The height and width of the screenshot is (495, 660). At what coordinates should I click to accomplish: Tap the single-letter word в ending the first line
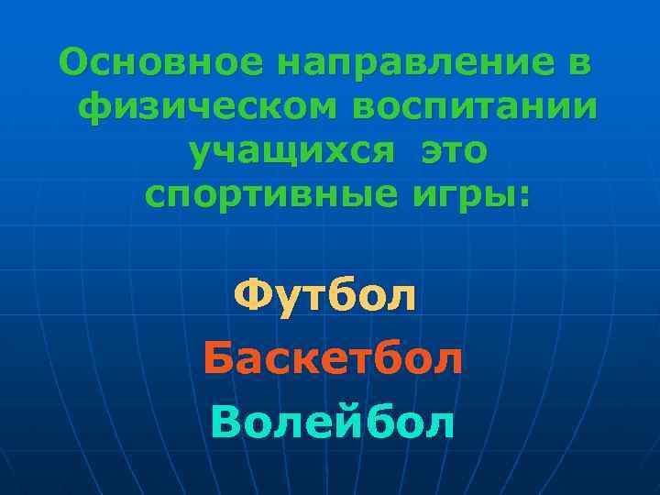coord(579,64)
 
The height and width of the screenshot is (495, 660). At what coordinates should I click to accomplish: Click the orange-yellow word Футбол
coord(325,296)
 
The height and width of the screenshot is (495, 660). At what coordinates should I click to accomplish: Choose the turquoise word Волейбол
coord(332,422)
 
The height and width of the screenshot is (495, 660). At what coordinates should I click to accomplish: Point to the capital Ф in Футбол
coord(250,295)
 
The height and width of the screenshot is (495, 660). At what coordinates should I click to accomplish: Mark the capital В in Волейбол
coord(225,422)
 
